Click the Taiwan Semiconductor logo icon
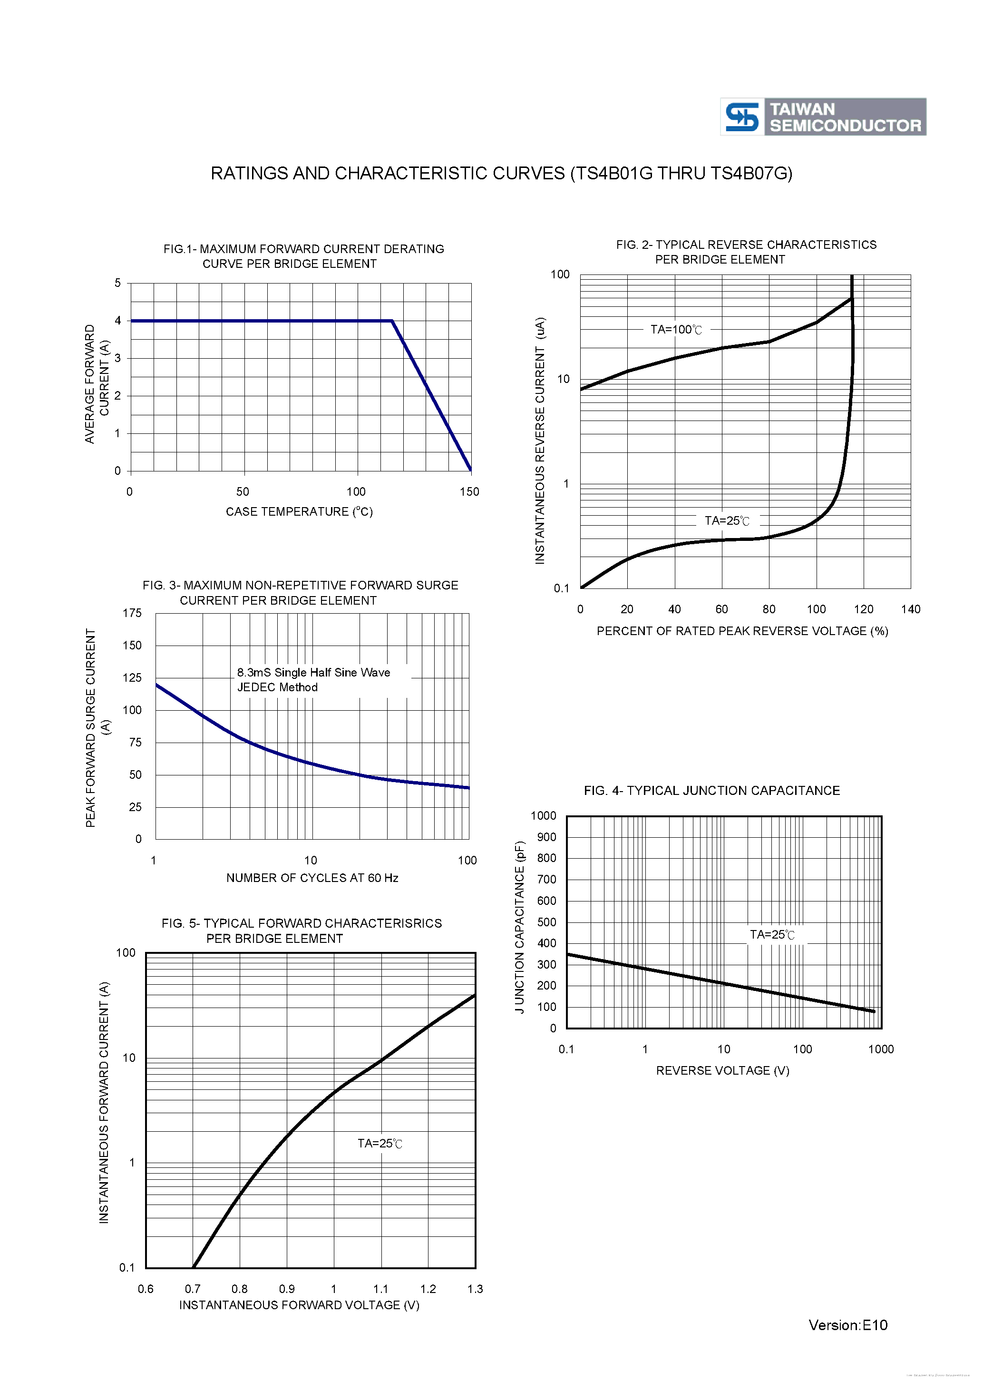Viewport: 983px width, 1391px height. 742,117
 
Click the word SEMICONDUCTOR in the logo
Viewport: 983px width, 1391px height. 845,126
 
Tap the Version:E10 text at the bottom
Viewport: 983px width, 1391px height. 847,1325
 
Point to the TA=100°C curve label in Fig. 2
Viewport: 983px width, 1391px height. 676,330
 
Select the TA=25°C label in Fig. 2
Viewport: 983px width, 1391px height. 727,521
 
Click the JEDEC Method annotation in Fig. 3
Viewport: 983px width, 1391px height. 277,687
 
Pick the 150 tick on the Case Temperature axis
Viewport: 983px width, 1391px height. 469,492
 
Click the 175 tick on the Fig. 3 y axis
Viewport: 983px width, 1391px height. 132,613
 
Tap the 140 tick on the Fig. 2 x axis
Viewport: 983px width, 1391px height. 910,609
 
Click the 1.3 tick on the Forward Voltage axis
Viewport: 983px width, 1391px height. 475,1289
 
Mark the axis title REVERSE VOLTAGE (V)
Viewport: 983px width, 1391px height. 722,1070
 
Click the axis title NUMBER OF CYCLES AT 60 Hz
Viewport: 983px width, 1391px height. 312,878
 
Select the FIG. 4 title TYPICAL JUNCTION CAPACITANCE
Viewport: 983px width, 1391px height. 711,791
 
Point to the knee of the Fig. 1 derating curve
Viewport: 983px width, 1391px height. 392,321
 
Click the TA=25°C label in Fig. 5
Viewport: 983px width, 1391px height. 380,1143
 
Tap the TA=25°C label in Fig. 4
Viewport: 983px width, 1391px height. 772,935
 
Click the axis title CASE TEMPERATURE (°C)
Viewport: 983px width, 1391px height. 299,512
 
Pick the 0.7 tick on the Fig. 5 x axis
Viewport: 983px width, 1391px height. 193,1289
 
